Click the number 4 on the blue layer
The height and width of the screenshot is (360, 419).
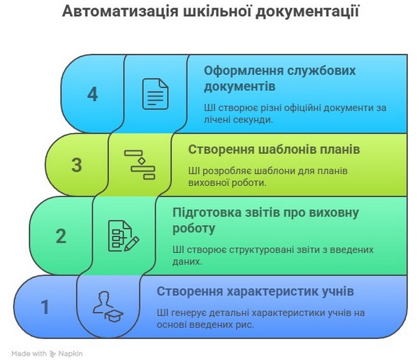click(92, 94)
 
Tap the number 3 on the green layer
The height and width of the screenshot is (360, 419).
click(77, 165)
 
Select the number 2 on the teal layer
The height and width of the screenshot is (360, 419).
click(61, 236)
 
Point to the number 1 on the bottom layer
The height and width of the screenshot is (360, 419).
click(45, 307)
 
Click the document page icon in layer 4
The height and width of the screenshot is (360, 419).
click(155, 94)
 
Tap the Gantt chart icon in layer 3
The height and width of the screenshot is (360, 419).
click(140, 164)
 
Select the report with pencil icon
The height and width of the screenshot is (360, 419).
click(124, 236)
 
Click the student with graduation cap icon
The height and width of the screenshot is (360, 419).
click(108, 306)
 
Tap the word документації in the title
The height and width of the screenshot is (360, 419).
click(307, 12)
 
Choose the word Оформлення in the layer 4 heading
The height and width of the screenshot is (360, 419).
click(240, 71)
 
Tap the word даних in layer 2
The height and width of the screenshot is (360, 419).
click(187, 261)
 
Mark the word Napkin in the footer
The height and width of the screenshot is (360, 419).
click(71, 354)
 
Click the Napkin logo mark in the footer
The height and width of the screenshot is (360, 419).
click(53, 354)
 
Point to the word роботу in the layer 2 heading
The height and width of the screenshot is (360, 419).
click(193, 229)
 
